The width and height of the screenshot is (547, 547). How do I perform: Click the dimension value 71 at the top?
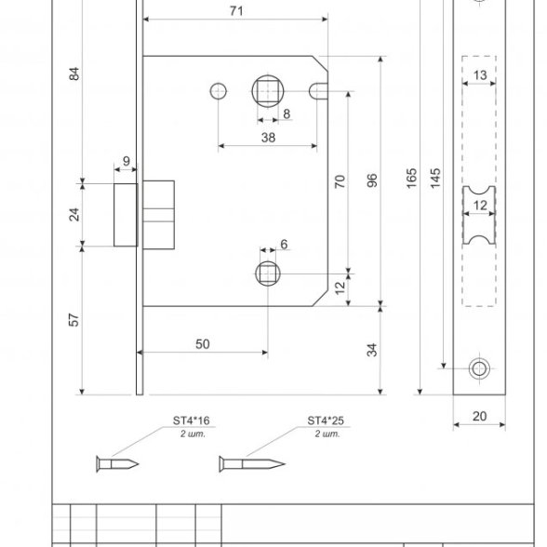tap(236, 11)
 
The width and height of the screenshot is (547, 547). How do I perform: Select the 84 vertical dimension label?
tap(74, 73)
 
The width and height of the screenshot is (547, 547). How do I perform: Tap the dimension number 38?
tap(268, 138)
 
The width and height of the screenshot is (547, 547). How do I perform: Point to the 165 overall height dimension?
tap(411, 178)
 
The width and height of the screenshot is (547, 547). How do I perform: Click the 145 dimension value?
tap(435, 178)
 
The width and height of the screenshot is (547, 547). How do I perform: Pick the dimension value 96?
tap(372, 180)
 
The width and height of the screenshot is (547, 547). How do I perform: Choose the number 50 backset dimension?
tap(203, 344)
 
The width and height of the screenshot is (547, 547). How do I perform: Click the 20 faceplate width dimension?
tap(479, 416)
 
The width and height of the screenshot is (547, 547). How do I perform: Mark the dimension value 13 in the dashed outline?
tap(480, 75)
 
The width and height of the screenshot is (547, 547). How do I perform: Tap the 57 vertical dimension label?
tap(74, 320)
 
